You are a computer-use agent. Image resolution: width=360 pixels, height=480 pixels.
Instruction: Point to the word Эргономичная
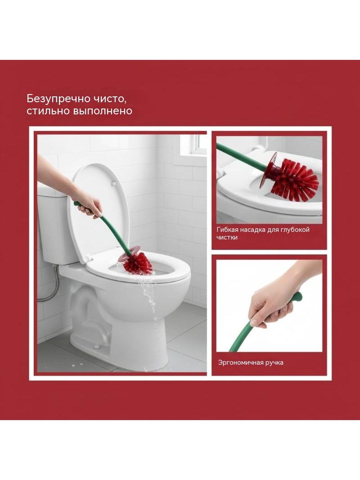[237, 363]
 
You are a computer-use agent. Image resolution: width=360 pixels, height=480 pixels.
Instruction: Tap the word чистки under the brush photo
[227, 238]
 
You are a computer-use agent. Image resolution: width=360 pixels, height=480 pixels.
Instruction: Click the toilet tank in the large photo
[57, 226]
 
